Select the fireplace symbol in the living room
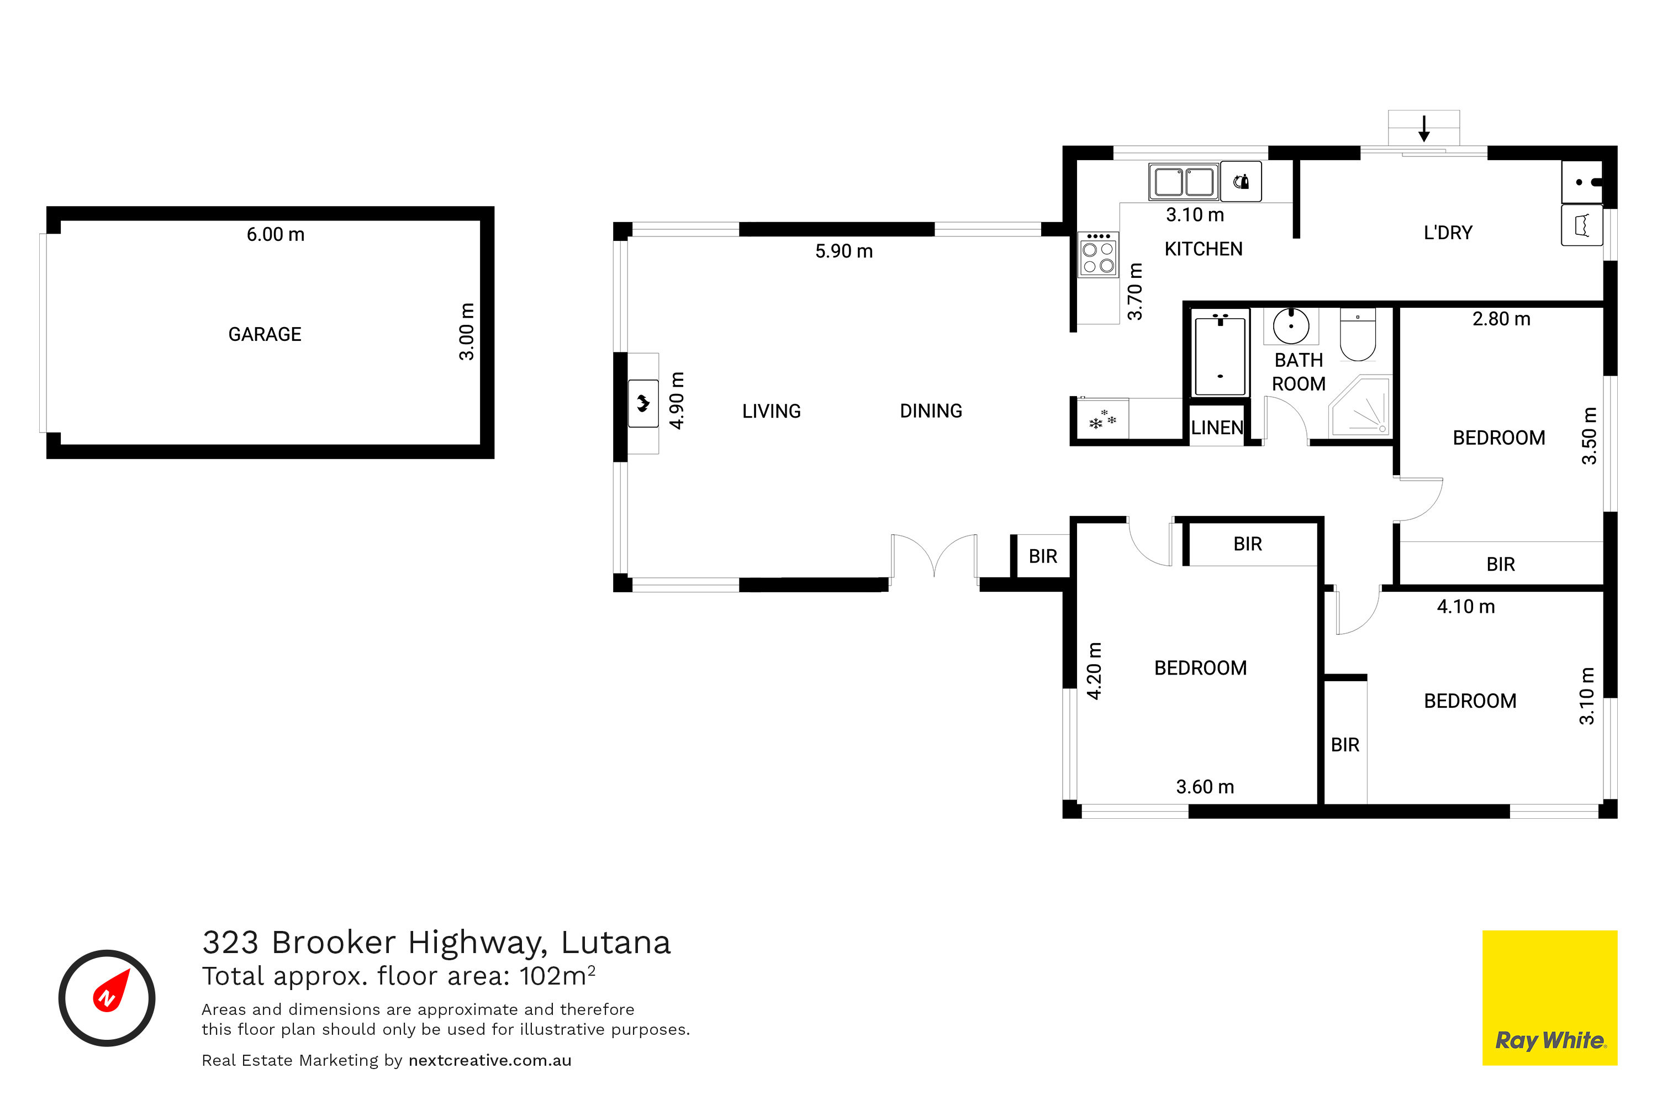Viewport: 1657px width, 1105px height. (x=643, y=404)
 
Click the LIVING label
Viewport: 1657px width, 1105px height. (x=772, y=411)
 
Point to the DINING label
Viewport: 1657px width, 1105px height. (x=931, y=411)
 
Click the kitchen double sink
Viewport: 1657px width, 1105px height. (x=1184, y=182)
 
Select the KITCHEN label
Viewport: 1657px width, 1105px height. (x=1204, y=249)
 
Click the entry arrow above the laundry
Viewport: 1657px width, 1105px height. (x=1424, y=128)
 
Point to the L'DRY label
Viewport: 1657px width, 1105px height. (x=1448, y=233)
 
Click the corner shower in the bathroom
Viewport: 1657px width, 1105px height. (x=1360, y=406)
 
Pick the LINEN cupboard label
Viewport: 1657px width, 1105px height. (x=1217, y=427)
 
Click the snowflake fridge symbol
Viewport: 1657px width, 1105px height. (x=1102, y=419)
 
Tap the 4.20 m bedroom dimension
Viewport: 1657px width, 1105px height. (x=1094, y=671)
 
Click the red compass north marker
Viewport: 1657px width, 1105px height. (x=112, y=990)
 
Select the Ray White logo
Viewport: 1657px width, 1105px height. (x=1550, y=998)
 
